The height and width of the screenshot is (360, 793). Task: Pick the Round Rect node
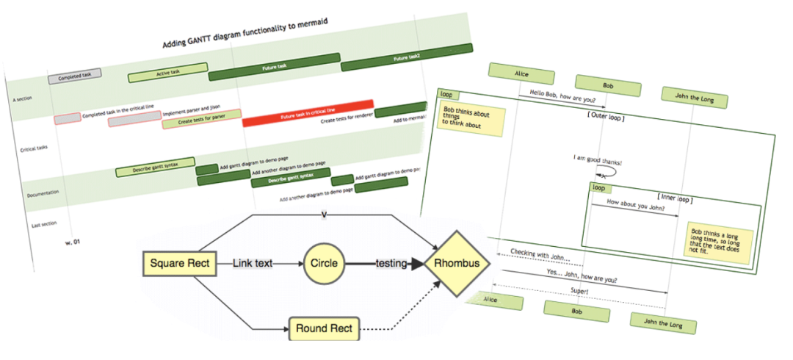324,329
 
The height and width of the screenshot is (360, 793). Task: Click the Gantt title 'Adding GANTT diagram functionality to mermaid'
245,33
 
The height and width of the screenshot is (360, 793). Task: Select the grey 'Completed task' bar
75,76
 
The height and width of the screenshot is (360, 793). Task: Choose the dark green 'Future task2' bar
406,57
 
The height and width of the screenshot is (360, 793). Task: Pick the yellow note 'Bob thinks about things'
471,120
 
